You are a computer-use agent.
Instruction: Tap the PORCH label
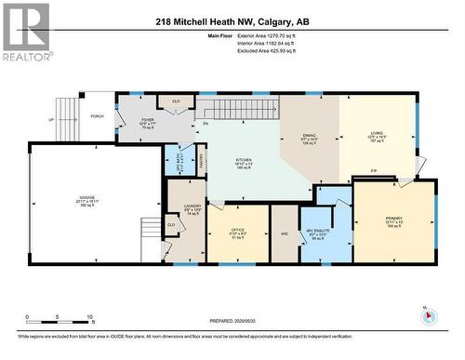(96, 117)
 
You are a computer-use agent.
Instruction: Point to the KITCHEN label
(245, 159)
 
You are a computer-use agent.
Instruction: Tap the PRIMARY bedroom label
(395, 220)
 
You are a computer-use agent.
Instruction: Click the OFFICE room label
(238, 233)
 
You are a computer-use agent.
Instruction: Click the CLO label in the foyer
(175, 100)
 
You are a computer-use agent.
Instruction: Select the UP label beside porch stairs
(50, 119)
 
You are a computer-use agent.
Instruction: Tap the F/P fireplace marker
(374, 171)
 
